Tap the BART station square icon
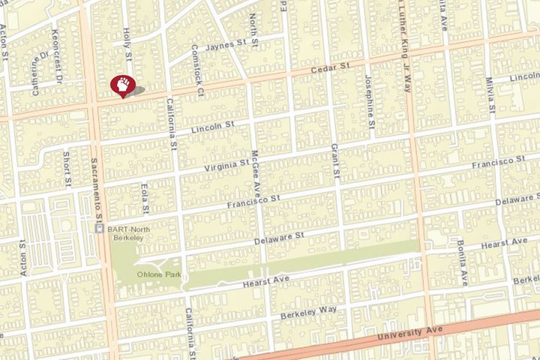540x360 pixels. click(x=99, y=228)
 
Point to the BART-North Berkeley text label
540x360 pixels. click(x=127, y=232)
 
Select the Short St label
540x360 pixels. click(x=67, y=168)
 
